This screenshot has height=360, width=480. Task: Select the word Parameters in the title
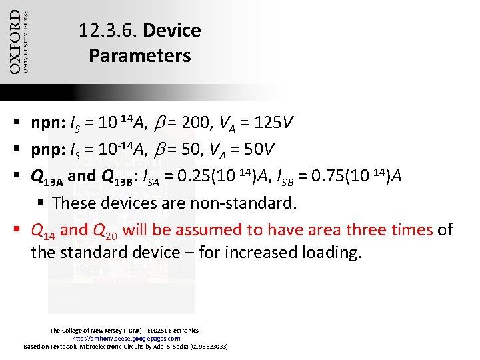click(139, 55)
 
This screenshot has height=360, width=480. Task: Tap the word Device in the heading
click(171, 31)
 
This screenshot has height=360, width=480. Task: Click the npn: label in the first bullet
click(48, 123)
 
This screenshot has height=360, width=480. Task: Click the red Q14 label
click(44, 231)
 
